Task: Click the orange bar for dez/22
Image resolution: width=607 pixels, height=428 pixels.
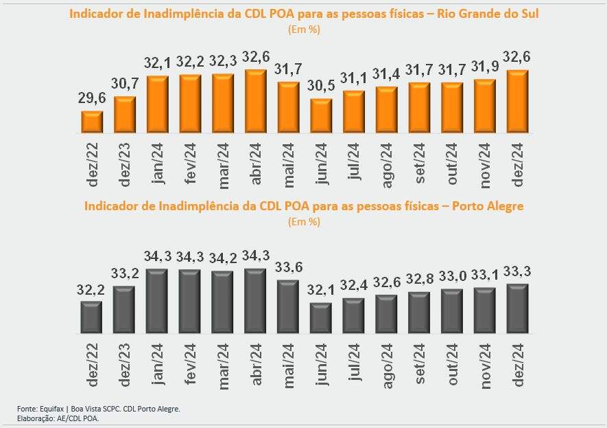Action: pos(92,122)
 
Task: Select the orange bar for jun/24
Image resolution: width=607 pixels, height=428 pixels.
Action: pos(321,115)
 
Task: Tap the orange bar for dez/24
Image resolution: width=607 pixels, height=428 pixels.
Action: pos(517,102)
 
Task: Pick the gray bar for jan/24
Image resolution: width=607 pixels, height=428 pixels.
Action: pos(157,301)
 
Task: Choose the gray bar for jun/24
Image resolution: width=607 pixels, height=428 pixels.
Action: pos(321,318)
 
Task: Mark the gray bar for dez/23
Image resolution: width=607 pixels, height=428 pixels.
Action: pos(124,310)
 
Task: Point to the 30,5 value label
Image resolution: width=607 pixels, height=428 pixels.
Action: pos(321,89)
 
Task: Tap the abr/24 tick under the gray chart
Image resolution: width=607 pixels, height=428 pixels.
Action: pos(256,365)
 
